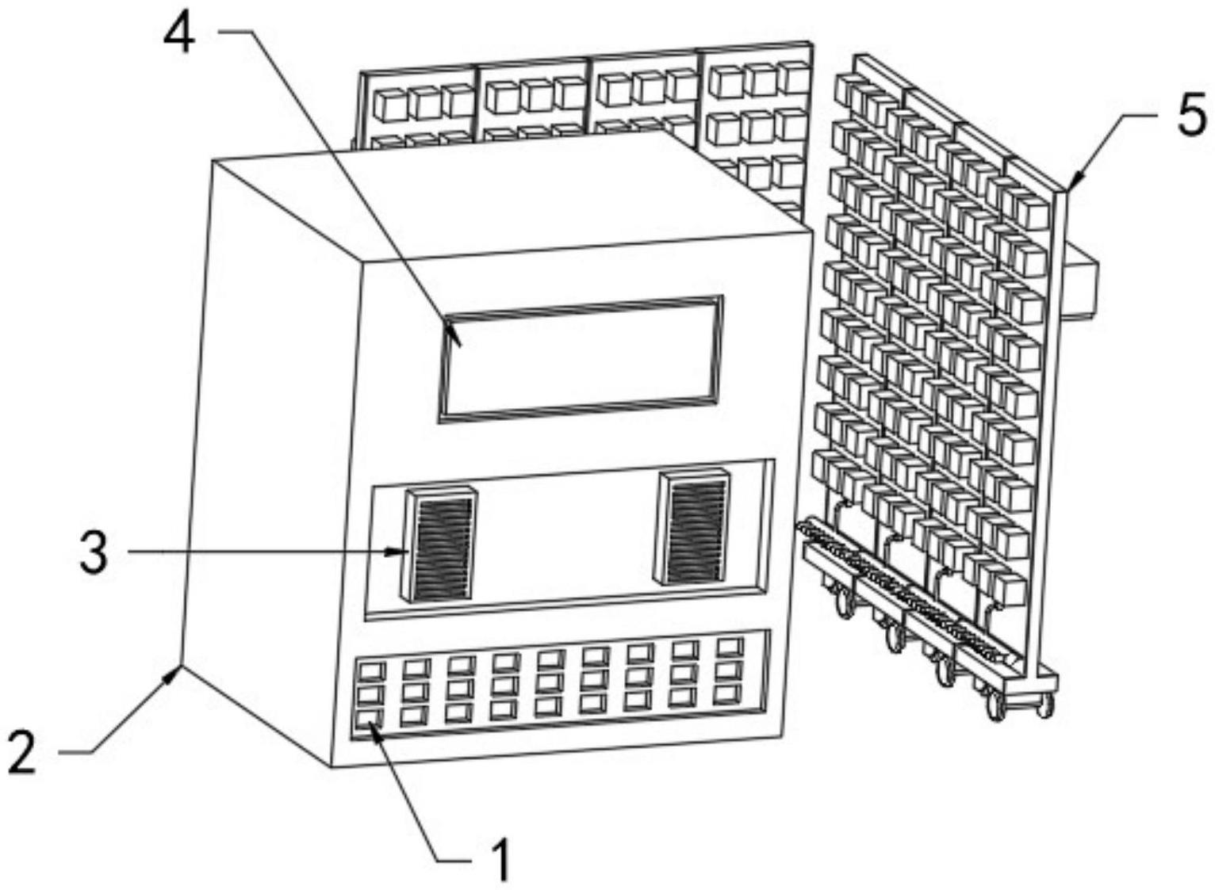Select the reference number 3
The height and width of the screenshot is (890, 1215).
(x=94, y=553)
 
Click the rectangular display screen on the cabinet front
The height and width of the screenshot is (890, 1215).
(x=581, y=357)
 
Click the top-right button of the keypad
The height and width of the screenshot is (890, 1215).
(x=730, y=647)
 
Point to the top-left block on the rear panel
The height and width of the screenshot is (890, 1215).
(x=389, y=104)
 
